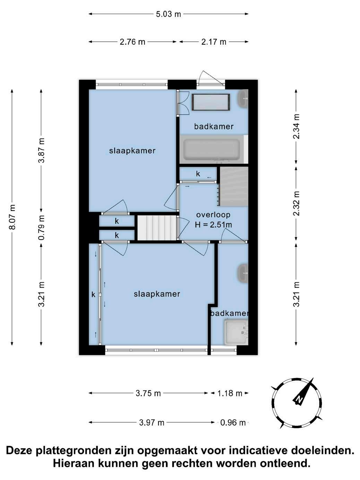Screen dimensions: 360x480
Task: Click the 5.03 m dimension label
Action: coord(168,14)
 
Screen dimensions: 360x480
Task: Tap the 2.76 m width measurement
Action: coord(132,42)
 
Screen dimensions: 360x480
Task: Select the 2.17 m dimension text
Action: coord(214,42)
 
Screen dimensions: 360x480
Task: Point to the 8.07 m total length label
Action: coord(12,217)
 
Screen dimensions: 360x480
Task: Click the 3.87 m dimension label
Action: coord(41,150)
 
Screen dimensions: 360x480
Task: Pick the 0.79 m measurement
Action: coord(41,228)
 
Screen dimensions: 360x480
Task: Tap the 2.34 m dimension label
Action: coord(297,126)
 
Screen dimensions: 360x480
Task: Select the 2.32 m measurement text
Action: coord(297,203)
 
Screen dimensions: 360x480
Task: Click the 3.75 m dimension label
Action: coord(148,393)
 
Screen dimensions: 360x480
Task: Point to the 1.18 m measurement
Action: coord(230,393)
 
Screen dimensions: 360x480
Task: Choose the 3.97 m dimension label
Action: coord(152,423)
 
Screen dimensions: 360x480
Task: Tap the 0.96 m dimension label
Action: coord(233,423)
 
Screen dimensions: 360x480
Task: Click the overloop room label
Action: coord(213,215)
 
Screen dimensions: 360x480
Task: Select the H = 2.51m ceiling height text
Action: coord(213,225)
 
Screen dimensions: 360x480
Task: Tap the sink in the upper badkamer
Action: coord(243,99)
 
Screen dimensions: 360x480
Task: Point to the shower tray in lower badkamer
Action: coord(236,332)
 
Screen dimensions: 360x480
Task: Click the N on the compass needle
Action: coord(298,399)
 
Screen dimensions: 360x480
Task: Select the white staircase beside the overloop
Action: coord(156,228)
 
